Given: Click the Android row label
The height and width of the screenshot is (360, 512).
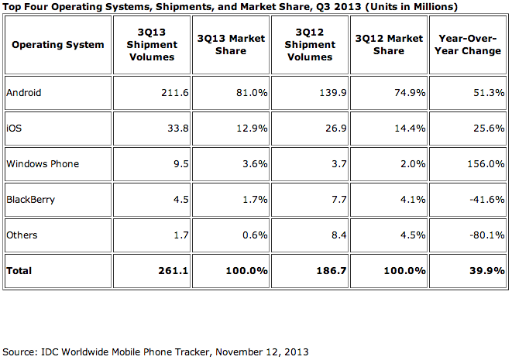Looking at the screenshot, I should [x=23, y=93].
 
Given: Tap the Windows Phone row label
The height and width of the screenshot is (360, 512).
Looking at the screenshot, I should [x=42, y=164].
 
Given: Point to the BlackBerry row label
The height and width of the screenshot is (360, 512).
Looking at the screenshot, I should [x=29, y=200].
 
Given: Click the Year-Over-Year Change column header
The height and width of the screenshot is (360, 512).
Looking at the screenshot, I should [x=469, y=45].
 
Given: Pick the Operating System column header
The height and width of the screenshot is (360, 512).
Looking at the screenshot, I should [x=58, y=45].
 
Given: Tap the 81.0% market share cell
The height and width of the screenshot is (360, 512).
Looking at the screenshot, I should [x=253, y=93].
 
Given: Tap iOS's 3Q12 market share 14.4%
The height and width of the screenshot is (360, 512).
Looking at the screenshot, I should [x=408, y=129].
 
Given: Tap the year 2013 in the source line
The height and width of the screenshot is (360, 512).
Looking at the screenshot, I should [x=297, y=351].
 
